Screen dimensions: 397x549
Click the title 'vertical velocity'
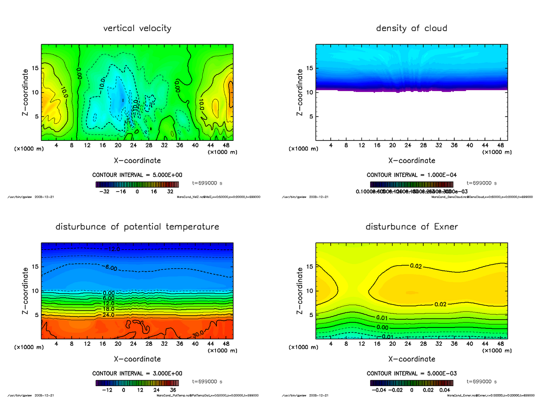click(x=137, y=28)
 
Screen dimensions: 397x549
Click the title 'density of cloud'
click(x=411, y=28)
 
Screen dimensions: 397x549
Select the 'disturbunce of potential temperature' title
click(x=137, y=227)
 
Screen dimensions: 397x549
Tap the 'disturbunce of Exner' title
click(x=411, y=227)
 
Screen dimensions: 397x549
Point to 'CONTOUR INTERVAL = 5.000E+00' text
click(x=137, y=175)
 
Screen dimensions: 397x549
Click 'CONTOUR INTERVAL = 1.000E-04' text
click(x=411, y=175)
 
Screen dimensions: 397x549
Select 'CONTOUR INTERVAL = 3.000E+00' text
click(x=137, y=374)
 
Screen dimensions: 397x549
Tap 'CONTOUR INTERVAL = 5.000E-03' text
click(x=411, y=374)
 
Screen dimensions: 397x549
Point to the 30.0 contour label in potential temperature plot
click(x=198, y=334)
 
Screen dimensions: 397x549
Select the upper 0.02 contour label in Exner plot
click(x=415, y=266)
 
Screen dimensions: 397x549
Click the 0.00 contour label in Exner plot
click(x=383, y=327)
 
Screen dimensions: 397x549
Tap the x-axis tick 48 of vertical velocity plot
click(x=226, y=145)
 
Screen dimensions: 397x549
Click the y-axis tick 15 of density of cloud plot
click(x=310, y=69)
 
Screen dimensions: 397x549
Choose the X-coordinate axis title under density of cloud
click(x=411, y=161)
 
